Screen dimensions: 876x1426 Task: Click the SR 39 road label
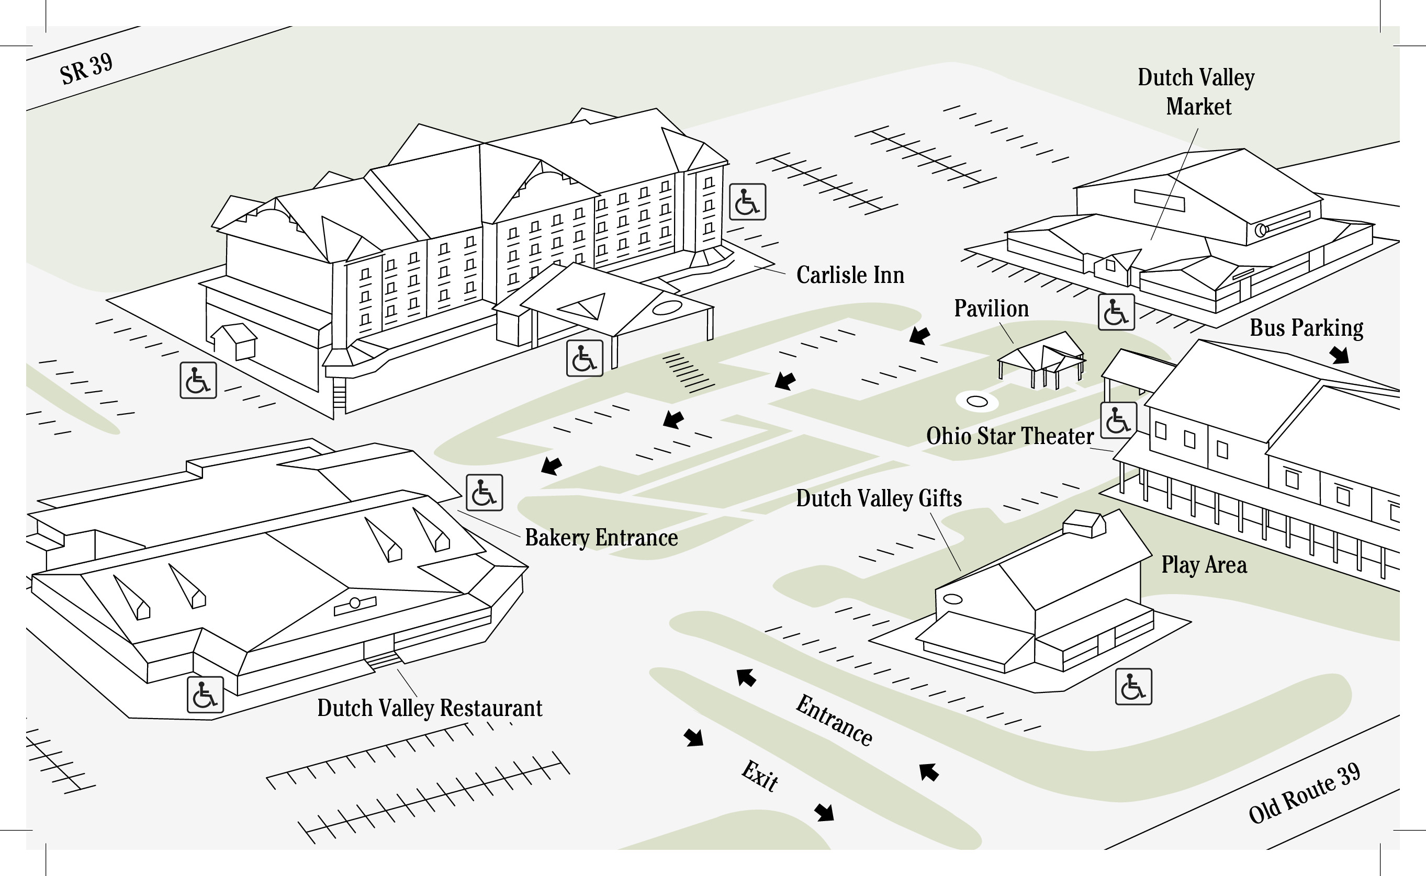(86, 69)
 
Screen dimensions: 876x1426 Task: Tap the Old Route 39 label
(1304, 793)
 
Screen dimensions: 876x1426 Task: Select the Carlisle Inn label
(850, 275)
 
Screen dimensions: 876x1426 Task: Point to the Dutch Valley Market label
(1196, 92)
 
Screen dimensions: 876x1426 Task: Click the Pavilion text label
(991, 309)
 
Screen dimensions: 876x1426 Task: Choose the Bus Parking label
(1306, 328)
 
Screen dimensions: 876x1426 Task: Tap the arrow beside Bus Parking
(1340, 355)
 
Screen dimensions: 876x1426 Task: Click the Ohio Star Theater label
(1010, 436)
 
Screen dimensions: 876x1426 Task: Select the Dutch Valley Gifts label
(879, 499)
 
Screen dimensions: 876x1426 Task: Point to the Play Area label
(1204, 565)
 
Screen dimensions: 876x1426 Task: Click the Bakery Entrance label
(601, 538)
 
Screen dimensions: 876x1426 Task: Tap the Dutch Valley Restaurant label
(430, 709)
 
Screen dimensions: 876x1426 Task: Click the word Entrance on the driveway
(834, 721)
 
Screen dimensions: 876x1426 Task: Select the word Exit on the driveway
(760, 776)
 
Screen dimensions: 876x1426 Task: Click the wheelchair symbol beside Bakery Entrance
(484, 493)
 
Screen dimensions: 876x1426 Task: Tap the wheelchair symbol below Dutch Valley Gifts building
(1133, 687)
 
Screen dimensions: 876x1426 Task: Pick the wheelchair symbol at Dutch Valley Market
(1116, 312)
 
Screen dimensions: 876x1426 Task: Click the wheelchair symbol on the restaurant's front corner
(205, 695)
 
